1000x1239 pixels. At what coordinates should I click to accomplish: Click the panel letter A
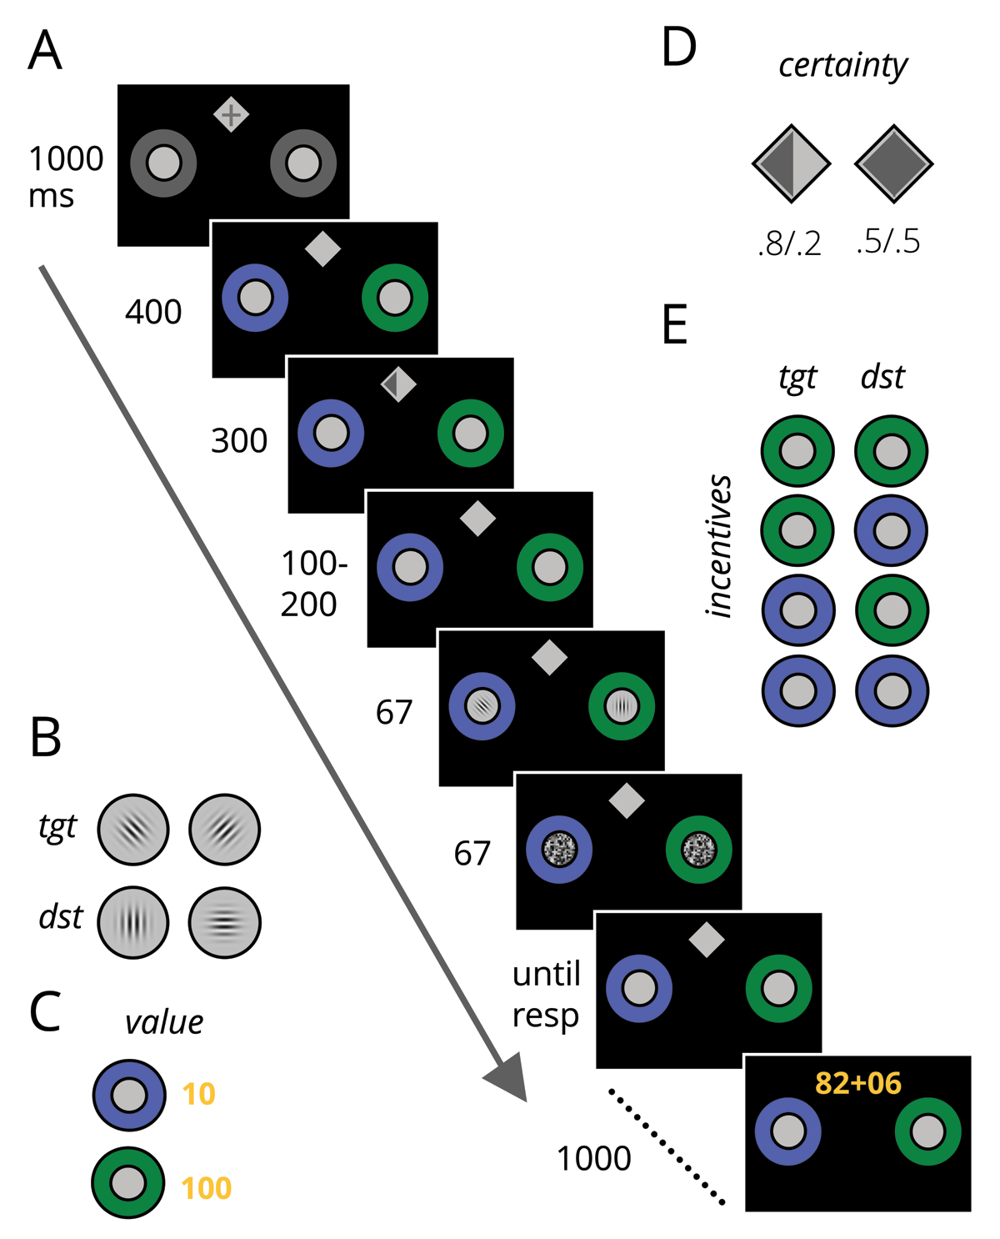(45, 51)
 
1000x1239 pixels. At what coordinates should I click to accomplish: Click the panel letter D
(678, 48)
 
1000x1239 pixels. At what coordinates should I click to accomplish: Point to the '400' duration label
(153, 313)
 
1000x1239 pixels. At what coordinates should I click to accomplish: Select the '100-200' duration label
(312, 584)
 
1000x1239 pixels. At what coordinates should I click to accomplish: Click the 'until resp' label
(546, 994)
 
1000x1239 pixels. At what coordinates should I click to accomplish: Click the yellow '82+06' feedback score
(857, 1083)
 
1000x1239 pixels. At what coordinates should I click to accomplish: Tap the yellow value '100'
(206, 1188)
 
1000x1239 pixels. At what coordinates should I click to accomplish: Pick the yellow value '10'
(198, 1094)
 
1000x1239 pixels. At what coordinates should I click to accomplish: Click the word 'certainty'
(842, 66)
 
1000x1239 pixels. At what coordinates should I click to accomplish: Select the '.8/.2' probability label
(789, 243)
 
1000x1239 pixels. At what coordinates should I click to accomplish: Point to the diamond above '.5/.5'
(893, 164)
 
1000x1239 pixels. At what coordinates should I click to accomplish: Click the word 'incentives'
(718, 546)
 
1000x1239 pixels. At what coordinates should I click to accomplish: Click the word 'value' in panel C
(164, 1022)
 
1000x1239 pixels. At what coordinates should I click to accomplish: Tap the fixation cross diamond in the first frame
(231, 114)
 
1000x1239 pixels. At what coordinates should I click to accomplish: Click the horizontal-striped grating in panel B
(225, 922)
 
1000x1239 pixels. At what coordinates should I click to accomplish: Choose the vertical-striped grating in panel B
(133, 922)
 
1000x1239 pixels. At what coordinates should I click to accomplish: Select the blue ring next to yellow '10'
(129, 1095)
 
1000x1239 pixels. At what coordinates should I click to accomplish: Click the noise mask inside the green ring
(698, 850)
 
